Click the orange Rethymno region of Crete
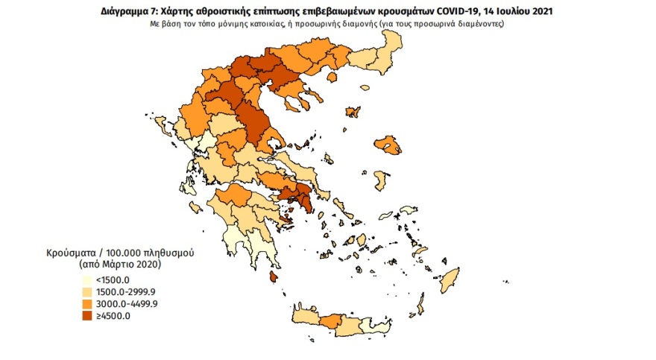[x=331, y=321]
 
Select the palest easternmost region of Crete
[x=388, y=325]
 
